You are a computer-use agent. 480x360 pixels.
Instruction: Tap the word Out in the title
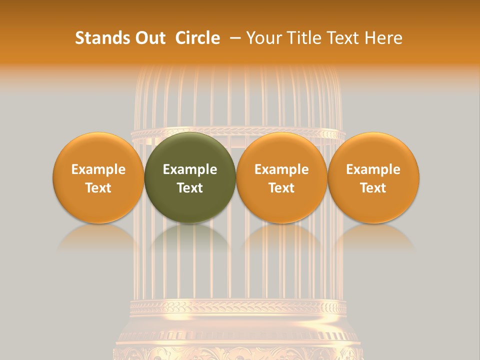pos(149,38)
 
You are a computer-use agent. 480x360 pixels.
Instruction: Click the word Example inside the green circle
pos(190,169)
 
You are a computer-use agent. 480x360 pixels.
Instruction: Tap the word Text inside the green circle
pos(190,188)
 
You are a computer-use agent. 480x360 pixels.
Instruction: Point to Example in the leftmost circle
pos(98,169)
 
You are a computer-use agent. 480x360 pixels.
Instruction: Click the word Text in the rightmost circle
pos(373,188)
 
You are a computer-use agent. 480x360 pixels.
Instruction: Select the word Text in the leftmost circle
pos(98,188)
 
